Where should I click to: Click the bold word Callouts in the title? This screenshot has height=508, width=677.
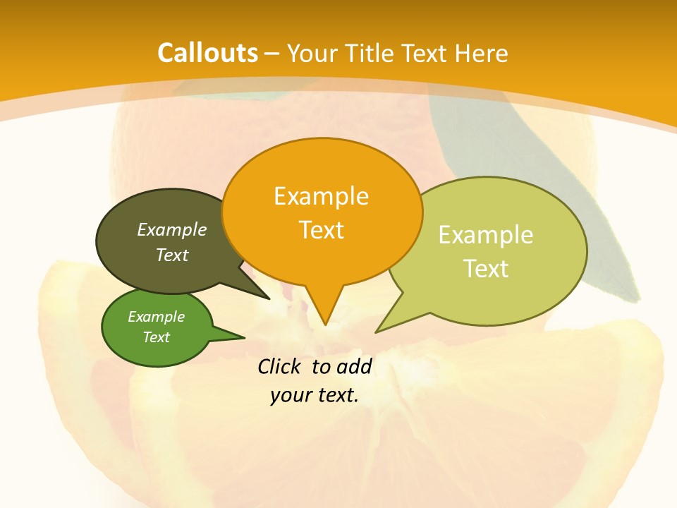coord(207,53)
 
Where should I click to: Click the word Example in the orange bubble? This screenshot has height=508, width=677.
coord(322,196)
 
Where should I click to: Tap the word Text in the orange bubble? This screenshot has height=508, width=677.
coord(322,230)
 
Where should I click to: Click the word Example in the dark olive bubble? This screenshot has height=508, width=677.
coord(172,230)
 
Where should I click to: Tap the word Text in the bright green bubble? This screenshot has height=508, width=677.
coord(157,337)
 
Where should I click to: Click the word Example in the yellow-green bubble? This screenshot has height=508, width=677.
coord(486,235)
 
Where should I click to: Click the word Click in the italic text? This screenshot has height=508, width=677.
coord(281,366)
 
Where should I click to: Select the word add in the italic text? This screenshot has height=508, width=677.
coord(354,366)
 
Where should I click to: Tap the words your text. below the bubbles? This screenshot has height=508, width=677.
coord(315,395)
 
